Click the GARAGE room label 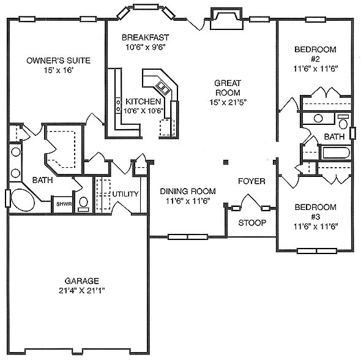pyautogui.click(x=82, y=281)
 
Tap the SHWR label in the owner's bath pyautogui.click(x=64, y=204)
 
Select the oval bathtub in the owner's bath pyautogui.click(x=23, y=200)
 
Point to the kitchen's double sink pyautogui.click(x=163, y=87)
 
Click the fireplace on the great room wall pyautogui.click(x=226, y=19)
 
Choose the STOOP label pyautogui.click(x=252, y=223)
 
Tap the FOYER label pyautogui.click(x=251, y=181)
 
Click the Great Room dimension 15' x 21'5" pyautogui.click(x=228, y=102)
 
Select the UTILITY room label pyautogui.click(x=125, y=194)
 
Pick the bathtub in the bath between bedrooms pyautogui.click(x=336, y=152)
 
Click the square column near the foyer pyautogui.click(x=226, y=162)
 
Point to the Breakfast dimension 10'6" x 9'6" pyautogui.click(x=146, y=47)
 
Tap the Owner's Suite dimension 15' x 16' pyautogui.click(x=59, y=70)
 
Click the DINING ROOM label pyautogui.click(x=188, y=191)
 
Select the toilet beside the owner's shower pyautogui.click(x=83, y=204)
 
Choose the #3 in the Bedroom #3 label pyautogui.click(x=315, y=217)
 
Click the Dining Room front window pyautogui.click(x=188, y=237)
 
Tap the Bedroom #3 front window pyautogui.click(x=317, y=251)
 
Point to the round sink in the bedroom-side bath pyautogui.click(x=318, y=118)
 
